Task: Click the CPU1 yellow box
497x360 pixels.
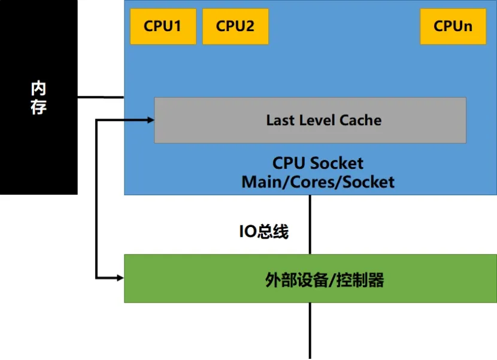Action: point(163,26)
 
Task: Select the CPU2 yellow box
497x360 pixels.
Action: point(235,26)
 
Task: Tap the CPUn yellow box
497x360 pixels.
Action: point(453,26)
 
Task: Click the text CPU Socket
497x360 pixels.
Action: point(318,163)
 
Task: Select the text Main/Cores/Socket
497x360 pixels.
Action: point(318,182)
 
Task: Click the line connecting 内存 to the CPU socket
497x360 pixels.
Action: point(101,97)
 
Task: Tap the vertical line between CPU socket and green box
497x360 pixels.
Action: point(310,225)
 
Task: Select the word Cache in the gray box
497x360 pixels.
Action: point(360,120)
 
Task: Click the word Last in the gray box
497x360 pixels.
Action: point(280,120)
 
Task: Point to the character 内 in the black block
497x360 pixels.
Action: point(38,89)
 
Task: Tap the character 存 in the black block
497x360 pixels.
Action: point(38,107)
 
